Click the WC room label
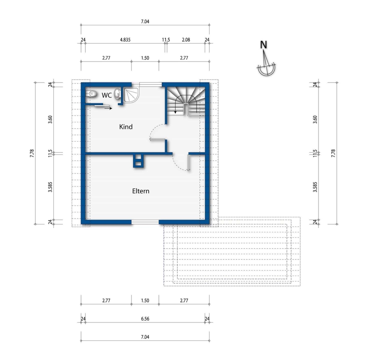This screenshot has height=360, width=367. click(106, 95)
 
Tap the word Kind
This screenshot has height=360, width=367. click(126, 127)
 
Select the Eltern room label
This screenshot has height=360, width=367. click(141, 191)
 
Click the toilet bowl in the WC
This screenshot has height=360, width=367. click(91, 94)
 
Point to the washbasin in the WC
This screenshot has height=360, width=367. click(117, 94)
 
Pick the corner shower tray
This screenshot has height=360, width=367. click(131, 95)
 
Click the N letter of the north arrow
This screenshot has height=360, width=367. click(264, 45)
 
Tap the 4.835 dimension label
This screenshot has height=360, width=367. click(125, 40)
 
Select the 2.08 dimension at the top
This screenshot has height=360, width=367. click(186, 40)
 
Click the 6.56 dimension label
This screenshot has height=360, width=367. click(145, 319)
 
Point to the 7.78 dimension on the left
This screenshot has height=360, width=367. click(32, 153)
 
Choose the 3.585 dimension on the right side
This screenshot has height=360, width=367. click(315, 187)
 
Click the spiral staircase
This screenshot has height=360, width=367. click(186, 101)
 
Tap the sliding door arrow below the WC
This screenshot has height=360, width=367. click(108, 108)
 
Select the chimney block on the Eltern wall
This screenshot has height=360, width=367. click(138, 161)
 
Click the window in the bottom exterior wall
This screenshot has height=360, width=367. click(145, 222)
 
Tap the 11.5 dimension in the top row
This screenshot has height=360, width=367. click(166, 40)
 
